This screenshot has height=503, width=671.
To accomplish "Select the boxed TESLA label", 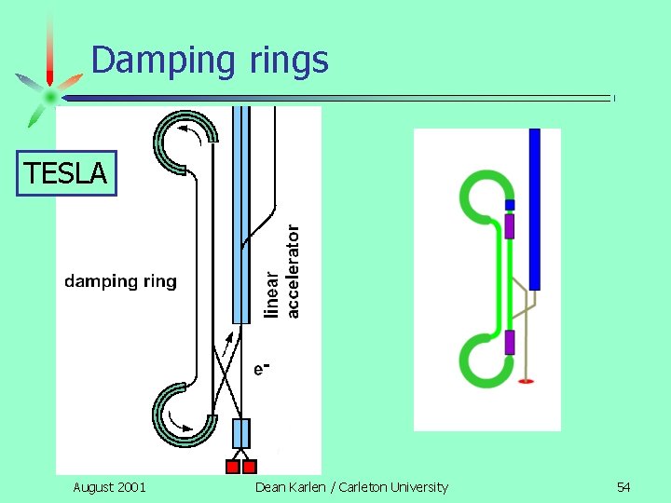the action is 66,172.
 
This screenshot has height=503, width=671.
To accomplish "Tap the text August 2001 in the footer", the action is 109,486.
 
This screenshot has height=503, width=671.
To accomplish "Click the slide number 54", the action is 623,486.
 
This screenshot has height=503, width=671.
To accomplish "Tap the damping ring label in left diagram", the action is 120,281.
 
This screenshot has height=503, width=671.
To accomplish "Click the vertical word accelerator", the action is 294,271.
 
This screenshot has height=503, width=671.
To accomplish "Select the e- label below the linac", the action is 262,369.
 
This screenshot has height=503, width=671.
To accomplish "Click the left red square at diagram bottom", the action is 233,466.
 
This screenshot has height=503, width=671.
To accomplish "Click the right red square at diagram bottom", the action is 249,466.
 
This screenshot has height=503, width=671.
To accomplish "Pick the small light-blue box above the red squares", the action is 240,434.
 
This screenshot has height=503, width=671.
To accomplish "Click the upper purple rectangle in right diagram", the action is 509,225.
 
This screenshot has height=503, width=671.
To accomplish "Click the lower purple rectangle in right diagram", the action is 509,342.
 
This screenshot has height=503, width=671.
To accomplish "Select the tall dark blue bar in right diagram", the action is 534,210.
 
